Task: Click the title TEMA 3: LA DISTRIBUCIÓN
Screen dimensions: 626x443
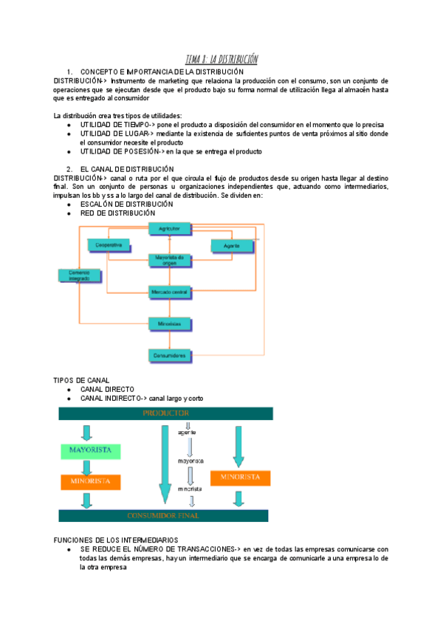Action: click(221, 59)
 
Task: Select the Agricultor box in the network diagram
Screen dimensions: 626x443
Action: click(170, 230)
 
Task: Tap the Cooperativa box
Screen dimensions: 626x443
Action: click(109, 244)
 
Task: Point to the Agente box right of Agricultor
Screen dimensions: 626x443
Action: click(231, 244)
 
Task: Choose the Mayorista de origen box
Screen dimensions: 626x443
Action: click(170, 261)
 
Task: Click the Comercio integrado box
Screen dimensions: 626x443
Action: click(79, 275)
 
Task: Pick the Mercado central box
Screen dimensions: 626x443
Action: click(170, 292)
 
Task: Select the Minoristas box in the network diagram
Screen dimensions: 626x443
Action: click(170, 323)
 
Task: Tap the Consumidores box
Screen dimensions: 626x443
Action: click(170, 356)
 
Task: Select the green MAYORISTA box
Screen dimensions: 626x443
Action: click(90, 450)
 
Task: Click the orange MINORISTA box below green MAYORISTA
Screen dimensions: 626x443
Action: click(90, 481)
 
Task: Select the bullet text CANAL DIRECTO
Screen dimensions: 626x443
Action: click(107, 389)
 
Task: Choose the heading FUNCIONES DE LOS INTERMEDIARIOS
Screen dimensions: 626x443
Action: click(116, 540)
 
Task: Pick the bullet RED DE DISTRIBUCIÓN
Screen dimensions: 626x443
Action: click(117, 213)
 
